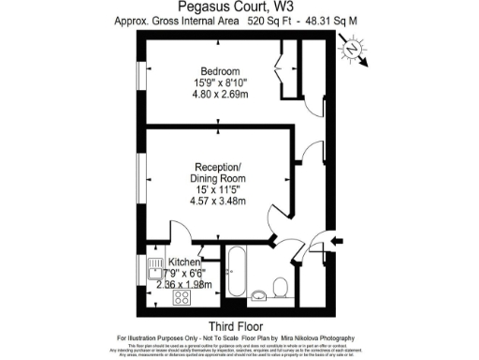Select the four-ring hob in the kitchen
[x=182, y=298]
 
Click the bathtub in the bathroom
[x=236, y=273]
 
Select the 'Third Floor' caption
[x=239, y=324]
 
